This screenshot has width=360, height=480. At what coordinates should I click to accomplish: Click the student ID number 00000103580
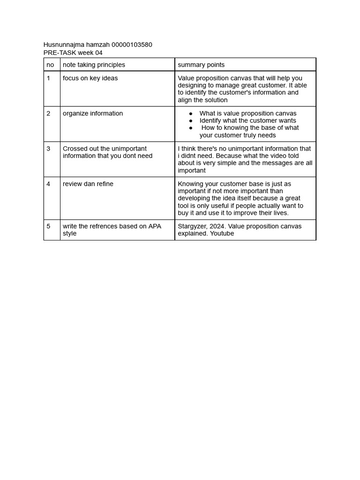pos(132,45)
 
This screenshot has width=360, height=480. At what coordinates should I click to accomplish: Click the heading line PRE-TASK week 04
pos(73,52)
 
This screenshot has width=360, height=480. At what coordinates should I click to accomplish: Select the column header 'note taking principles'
pos(94,65)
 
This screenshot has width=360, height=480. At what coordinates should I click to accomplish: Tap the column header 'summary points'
pos(201,65)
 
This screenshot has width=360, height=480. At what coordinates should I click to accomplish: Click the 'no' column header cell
pos(50,65)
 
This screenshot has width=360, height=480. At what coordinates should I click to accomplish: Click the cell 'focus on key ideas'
pos(90,78)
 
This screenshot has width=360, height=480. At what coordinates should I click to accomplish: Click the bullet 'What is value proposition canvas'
pos(247,113)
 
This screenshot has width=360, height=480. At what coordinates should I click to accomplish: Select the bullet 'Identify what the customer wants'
pos(247,120)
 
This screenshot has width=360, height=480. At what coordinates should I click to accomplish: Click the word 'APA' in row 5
pos(155,226)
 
